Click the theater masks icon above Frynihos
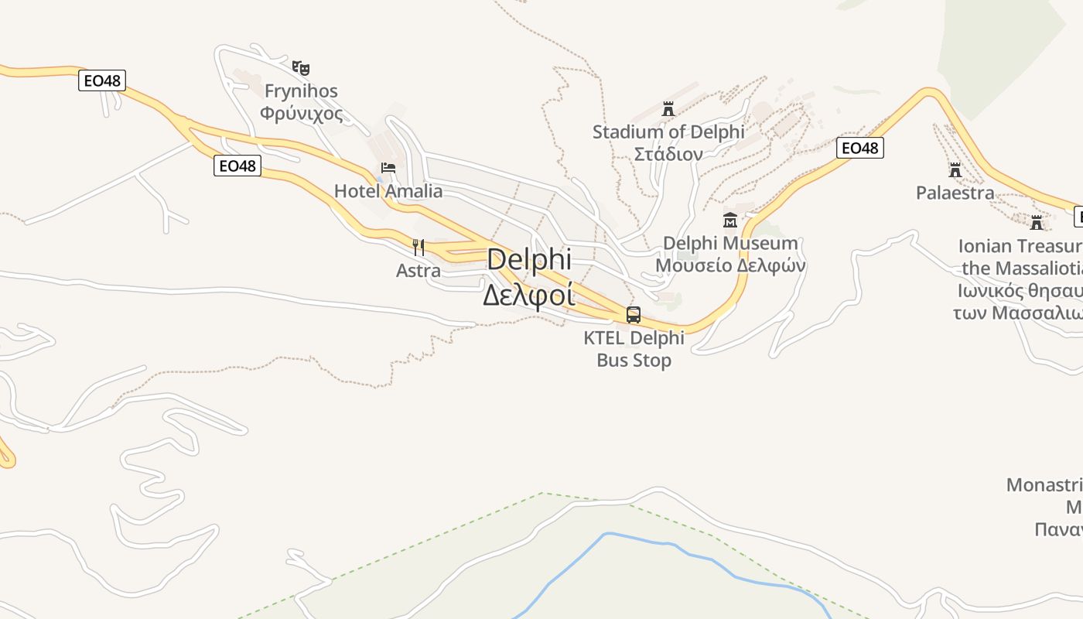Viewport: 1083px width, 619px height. [301, 68]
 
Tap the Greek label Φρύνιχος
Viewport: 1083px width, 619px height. [301, 114]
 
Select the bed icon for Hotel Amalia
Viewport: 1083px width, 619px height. [388, 167]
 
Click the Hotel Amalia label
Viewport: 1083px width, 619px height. [388, 191]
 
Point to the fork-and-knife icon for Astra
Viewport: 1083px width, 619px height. [419, 248]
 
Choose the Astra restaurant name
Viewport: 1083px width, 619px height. [419, 271]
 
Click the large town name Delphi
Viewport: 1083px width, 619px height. [529, 259]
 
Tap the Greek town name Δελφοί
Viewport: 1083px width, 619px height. [529, 295]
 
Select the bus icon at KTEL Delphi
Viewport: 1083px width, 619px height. [634, 315]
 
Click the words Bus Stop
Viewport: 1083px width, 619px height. [634, 361]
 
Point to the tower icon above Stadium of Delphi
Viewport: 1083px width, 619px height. [668, 109]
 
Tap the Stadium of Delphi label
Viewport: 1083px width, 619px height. [668, 132]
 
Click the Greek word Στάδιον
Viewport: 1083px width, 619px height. [668, 154]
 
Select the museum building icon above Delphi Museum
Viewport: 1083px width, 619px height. [730, 221]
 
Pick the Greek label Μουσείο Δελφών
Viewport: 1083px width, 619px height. [730, 265]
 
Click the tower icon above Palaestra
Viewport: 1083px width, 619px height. [955, 169]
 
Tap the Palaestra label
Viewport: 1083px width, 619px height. [955, 193]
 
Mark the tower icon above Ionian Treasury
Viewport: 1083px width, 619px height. [1037, 223]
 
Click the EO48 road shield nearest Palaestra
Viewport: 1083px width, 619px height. [859, 148]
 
